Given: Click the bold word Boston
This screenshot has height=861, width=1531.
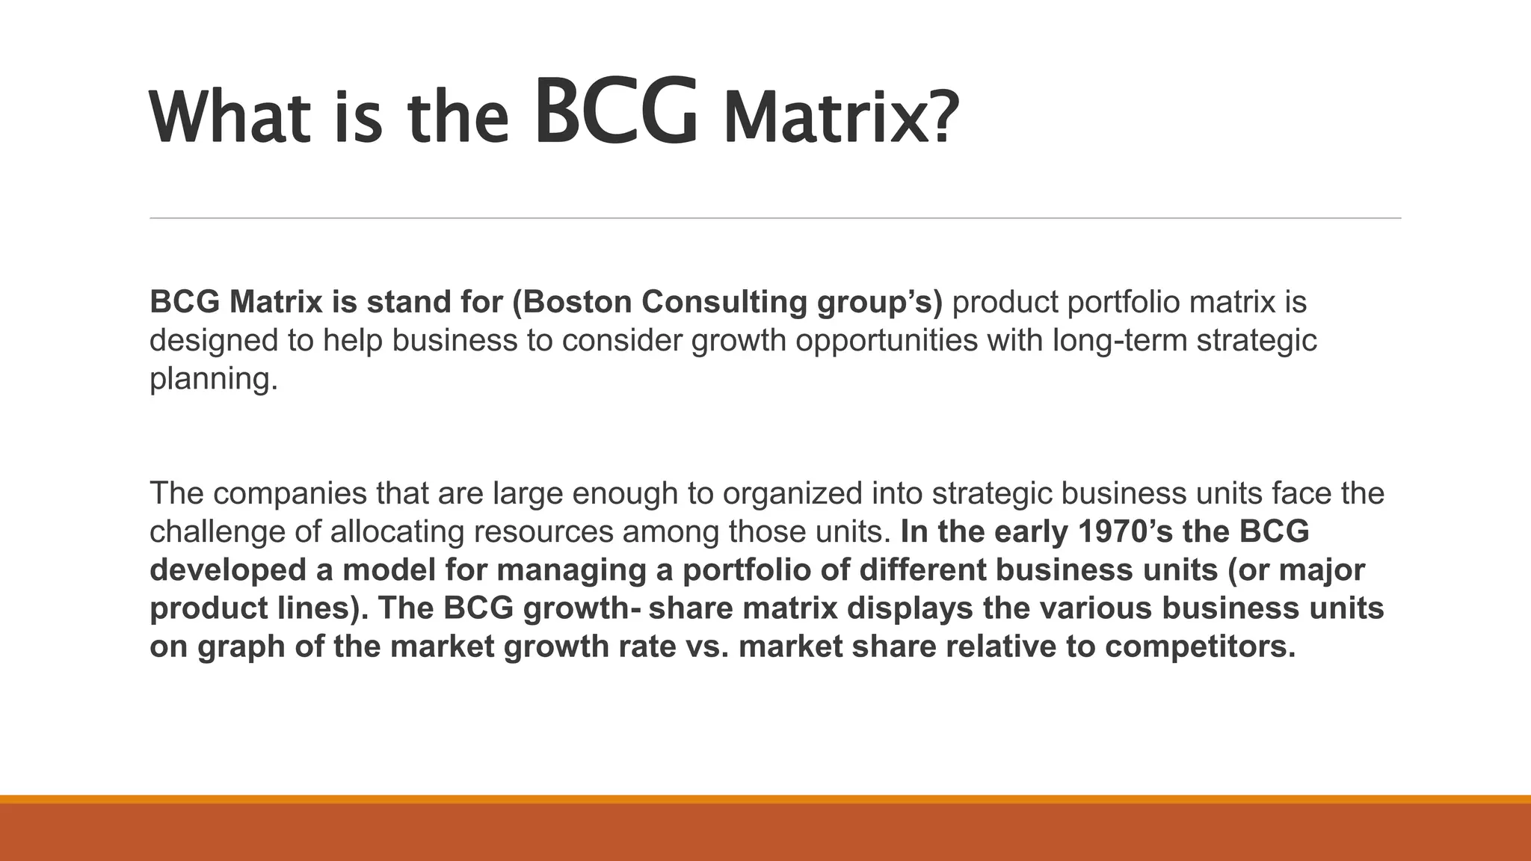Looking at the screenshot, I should pyautogui.click(x=576, y=302).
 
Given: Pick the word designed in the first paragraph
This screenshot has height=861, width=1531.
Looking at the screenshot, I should pyautogui.click(x=213, y=341).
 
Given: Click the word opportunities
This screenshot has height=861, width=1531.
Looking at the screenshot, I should pyautogui.click(x=886, y=341).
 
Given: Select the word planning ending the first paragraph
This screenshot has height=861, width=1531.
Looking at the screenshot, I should pyautogui.click(x=213, y=380).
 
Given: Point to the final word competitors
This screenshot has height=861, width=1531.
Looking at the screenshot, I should pyautogui.click(x=1200, y=646).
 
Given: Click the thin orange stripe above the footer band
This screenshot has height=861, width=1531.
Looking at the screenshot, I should pyautogui.click(x=765, y=799).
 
